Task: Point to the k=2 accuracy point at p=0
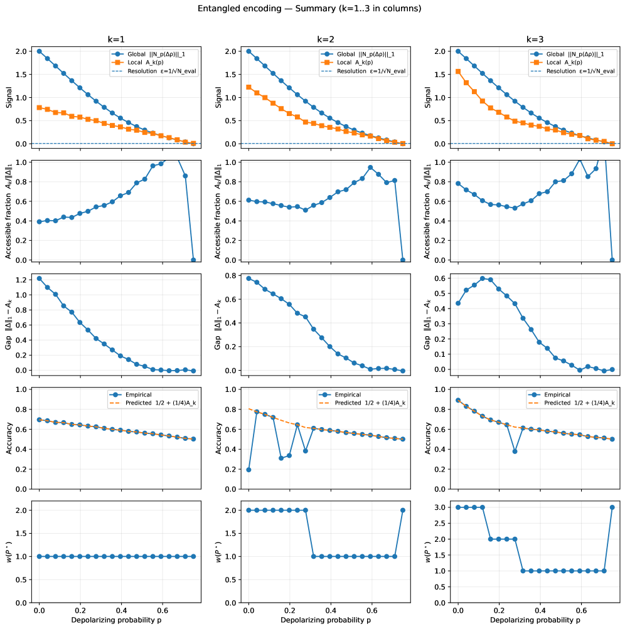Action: [x=249, y=470]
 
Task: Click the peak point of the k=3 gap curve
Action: [x=483, y=278]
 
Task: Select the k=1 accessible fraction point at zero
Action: [x=193, y=260]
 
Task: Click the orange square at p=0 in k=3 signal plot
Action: [x=458, y=71]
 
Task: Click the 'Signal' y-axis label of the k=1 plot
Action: [x=8, y=97]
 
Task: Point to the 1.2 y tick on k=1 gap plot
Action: [x=26, y=278]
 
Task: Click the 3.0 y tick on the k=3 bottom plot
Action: [x=444, y=507]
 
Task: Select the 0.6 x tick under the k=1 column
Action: [x=163, y=611]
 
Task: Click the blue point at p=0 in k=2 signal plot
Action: [x=249, y=51]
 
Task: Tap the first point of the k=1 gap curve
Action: [x=40, y=278]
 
